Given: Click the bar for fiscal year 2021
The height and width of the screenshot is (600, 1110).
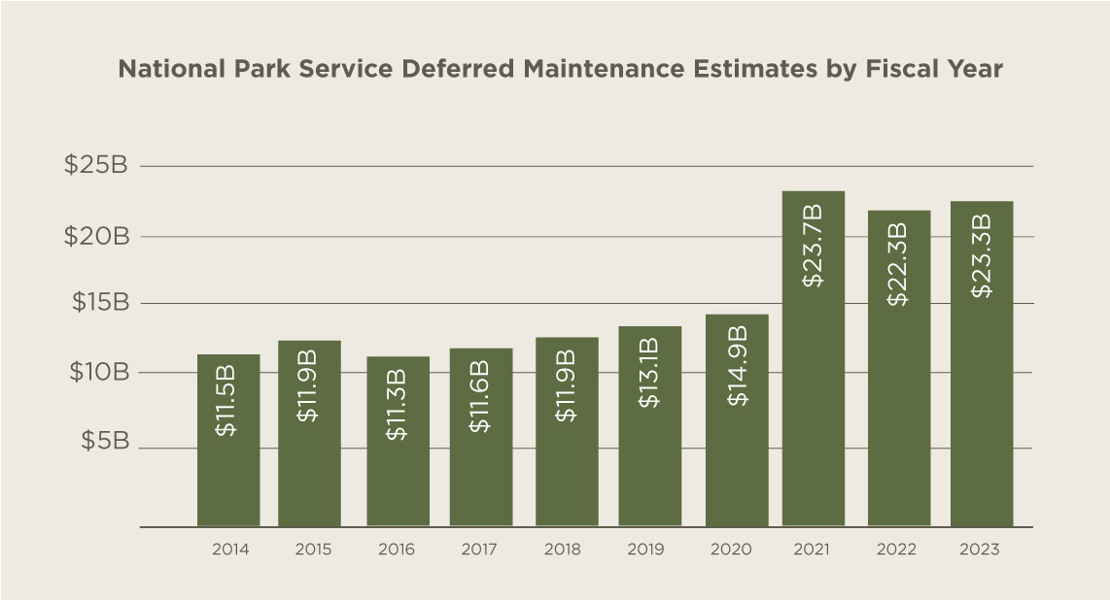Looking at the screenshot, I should point(814,359).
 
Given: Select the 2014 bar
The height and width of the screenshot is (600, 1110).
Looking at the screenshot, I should point(228,441).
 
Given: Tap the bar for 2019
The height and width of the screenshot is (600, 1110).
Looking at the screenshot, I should point(649,426).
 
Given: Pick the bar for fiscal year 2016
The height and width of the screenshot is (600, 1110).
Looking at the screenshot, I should point(398,442).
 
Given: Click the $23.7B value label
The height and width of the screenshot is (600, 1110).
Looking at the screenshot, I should point(814,246).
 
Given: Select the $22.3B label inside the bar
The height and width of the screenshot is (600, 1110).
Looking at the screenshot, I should point(897,264).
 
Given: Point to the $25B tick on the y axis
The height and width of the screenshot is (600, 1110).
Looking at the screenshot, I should point(96,166).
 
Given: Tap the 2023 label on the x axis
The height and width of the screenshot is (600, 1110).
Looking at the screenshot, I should point(979,550).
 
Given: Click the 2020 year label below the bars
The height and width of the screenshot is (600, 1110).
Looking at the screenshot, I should point(731,550).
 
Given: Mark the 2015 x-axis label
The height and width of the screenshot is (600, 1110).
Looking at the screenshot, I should point(313,550).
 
